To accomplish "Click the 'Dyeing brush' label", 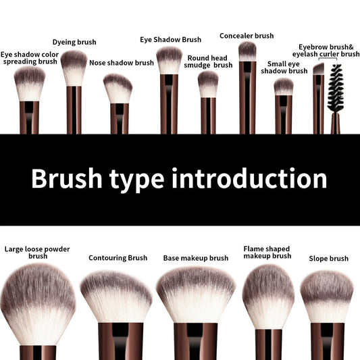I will (74, 43).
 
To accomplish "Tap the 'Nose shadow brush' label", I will (122, 63).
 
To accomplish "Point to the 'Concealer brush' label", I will (247, 36).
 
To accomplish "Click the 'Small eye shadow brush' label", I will (284, 67).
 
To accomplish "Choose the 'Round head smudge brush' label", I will (209, 61).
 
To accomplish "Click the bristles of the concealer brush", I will (248, 51).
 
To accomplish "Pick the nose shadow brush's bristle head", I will (118, 88).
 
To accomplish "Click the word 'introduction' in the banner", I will (249, 179).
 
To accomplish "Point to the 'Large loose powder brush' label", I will (37, 253).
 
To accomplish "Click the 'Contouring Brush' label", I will (118, 258).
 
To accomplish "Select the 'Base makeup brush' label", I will (196, 258).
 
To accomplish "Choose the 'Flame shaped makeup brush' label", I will (267, 253).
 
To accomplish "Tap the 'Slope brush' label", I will (329, 259).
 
